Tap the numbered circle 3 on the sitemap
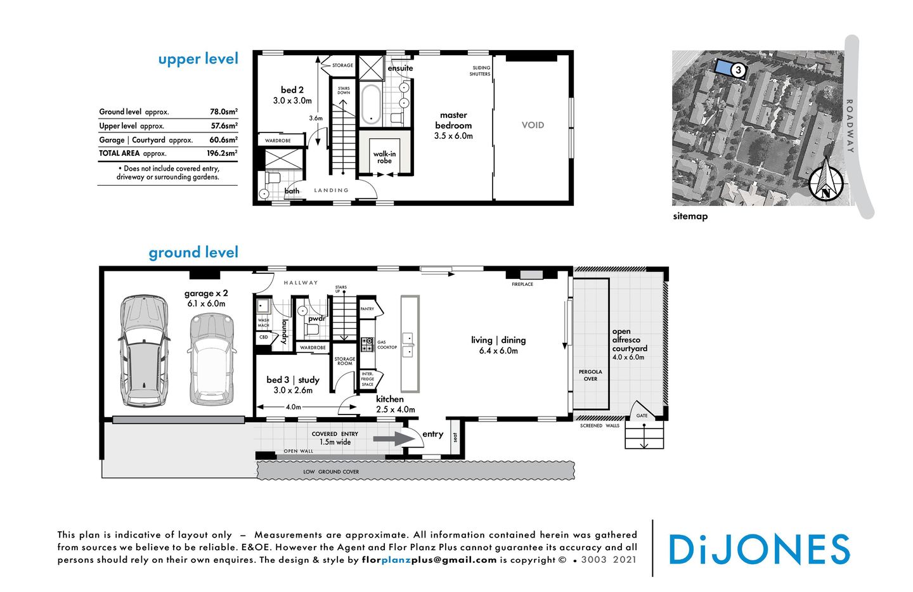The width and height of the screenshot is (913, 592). (x=738, y=70)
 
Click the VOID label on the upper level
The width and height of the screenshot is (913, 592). (x=533, y=125)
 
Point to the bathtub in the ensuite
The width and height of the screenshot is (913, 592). (x=371, y=104)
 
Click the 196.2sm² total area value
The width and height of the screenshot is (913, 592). (x=222, y=153)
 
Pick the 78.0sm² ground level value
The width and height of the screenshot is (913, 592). (x=224, y=112)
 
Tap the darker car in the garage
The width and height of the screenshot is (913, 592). (x=145, y=351)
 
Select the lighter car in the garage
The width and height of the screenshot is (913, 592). (x=212, y=359)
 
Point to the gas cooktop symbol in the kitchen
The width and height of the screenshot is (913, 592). (x=367, y=345)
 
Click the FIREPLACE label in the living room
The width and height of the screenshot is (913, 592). (x=522, y=284)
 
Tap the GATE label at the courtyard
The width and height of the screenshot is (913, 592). (x=642, y=416)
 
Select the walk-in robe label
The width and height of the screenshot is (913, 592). (x=384, y=157)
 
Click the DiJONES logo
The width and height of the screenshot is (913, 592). (x=759, y=550)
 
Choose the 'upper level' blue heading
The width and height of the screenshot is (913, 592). (x=198, y=59)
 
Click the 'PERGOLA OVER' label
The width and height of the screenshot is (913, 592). (x=590, y=375)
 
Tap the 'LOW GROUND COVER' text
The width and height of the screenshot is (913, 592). (x=331, y=472)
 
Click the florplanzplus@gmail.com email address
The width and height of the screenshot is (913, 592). (x=429, y=560)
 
